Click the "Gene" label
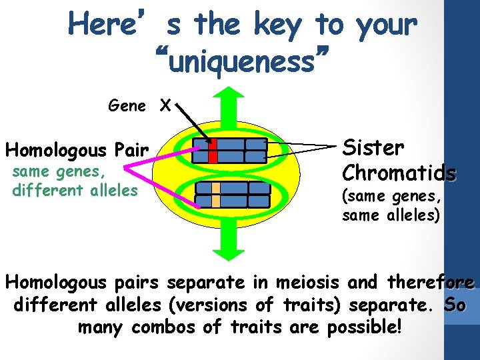127,105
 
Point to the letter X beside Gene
165,105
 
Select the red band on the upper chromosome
213,151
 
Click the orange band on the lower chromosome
216,193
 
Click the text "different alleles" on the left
75,190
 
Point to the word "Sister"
373,147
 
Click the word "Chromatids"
399,173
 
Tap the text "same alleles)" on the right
391,215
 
